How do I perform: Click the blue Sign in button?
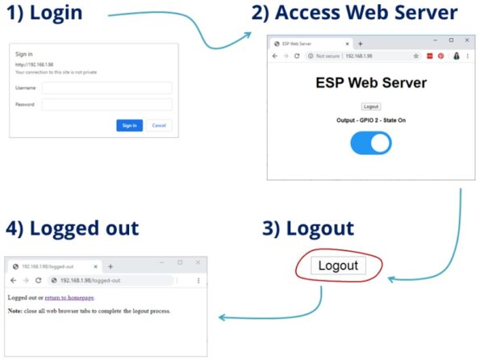[x=129, y=125]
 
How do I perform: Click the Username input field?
[x=106, y=88]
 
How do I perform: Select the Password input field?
[x=106, y=105]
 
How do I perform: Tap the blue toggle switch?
[x=371, y=143]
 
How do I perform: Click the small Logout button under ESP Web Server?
[x=371, y=107]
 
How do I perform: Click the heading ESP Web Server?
[x=371, y=82]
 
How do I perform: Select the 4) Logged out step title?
[x=73, y=228]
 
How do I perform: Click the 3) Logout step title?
[x=308, y=228]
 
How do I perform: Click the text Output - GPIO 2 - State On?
[x=371, y=120]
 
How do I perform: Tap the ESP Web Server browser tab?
[x=307, y=44]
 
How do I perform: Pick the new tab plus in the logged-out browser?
[x=111, y=266]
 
